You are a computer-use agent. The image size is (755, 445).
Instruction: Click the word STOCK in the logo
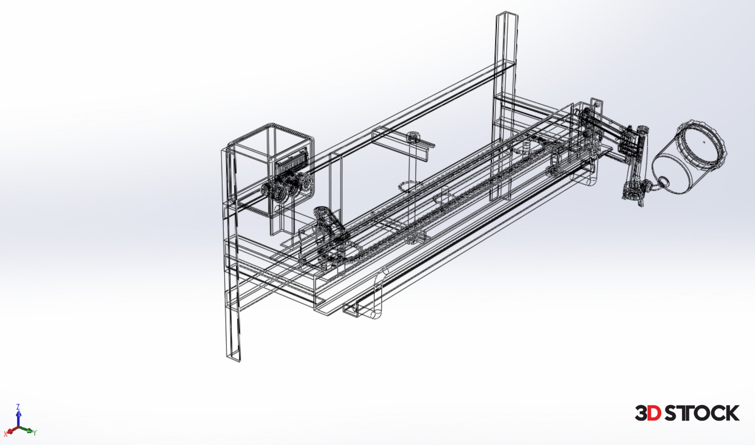[702, 413]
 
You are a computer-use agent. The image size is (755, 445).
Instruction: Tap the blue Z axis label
[18, 406]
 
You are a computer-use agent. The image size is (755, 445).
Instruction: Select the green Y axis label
[35, 432]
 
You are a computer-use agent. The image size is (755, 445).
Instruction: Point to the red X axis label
[6, 434]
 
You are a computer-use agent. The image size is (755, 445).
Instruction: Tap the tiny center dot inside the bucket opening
[704, 142]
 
